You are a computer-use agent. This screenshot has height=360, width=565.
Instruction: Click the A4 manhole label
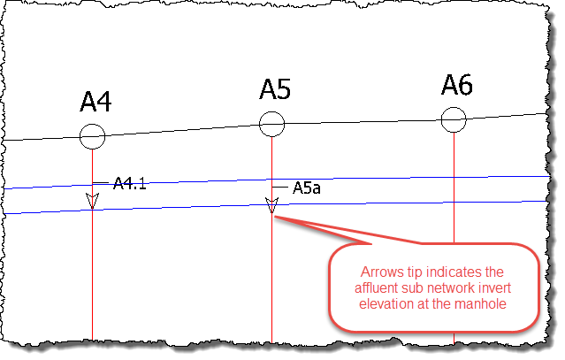tap(95, 103)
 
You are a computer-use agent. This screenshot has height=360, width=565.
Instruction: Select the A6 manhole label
tap(457, 85)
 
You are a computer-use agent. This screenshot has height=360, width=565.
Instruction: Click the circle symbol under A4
tap(92, 136)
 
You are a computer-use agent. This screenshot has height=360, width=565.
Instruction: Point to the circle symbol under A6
tap(453, 118)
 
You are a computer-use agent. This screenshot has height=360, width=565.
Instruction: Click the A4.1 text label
tap(130, 184)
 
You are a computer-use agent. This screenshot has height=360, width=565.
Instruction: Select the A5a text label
tap(306, 188)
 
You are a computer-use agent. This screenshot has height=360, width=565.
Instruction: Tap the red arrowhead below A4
tap(92, 200)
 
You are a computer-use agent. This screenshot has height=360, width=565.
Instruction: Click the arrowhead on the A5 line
tap(271, 206)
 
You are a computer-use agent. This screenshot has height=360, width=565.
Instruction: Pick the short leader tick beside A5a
tap(281, 188)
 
